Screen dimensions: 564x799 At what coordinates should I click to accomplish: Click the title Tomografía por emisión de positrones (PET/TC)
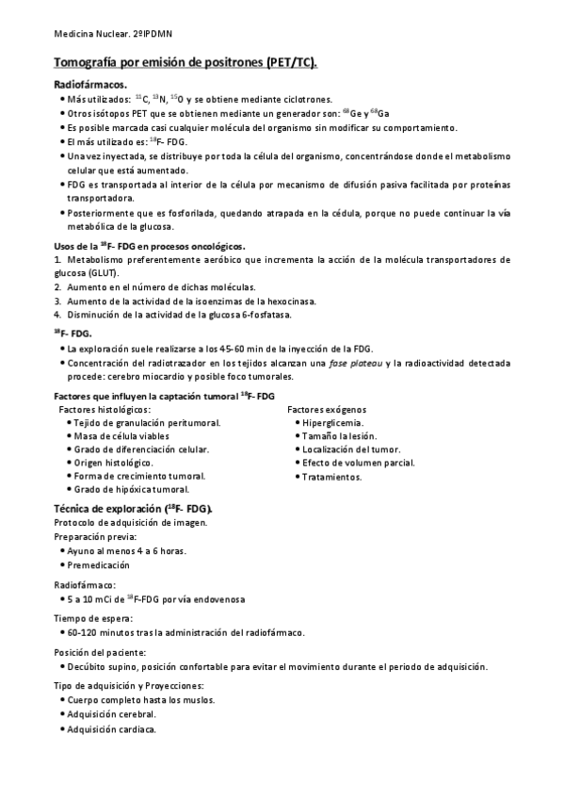pos(185,63)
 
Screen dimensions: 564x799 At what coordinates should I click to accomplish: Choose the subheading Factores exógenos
pos(327,410)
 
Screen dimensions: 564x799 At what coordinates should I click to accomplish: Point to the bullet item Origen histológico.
pos(109,464)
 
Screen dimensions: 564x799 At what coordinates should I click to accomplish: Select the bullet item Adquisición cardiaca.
pos(111,730)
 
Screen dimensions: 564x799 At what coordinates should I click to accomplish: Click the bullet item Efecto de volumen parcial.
pos(359,464)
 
